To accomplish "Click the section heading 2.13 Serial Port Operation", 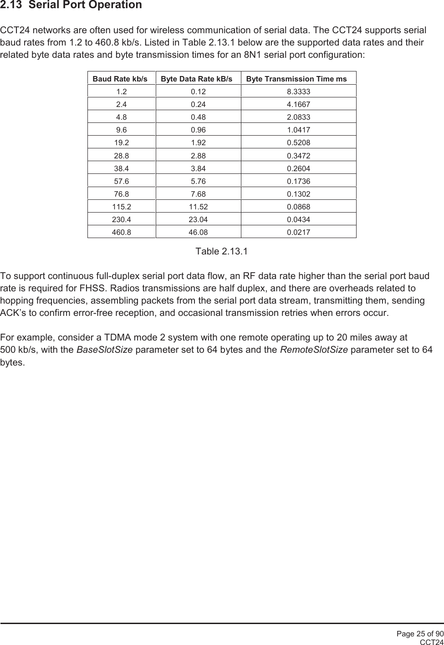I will [x=71, y=5].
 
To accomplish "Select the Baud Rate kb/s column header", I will [x=120, y=79].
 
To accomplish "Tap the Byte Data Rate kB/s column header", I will [x=196, y=79].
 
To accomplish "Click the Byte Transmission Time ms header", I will [x=296, y=79].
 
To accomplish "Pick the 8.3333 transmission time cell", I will [x=298, y=91].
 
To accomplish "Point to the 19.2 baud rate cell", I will [x=122, y=142].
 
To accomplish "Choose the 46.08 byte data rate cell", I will [x=198, y=232].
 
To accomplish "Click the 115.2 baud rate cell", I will [x=122, y=207].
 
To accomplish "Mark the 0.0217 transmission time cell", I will [x=298, y=232].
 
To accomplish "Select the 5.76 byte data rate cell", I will [x=198, y=181].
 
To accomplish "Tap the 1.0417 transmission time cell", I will [x=298, y=130].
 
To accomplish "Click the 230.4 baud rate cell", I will [x=122, y=219].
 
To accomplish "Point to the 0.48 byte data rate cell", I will [x=198, y=117].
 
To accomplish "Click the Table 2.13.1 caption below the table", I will [x=221, y=251].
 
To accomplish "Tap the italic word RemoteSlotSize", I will [x=314, y=350].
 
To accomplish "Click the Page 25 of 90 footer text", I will [x=419, y=634].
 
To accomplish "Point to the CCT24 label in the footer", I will [x=431, y=642].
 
